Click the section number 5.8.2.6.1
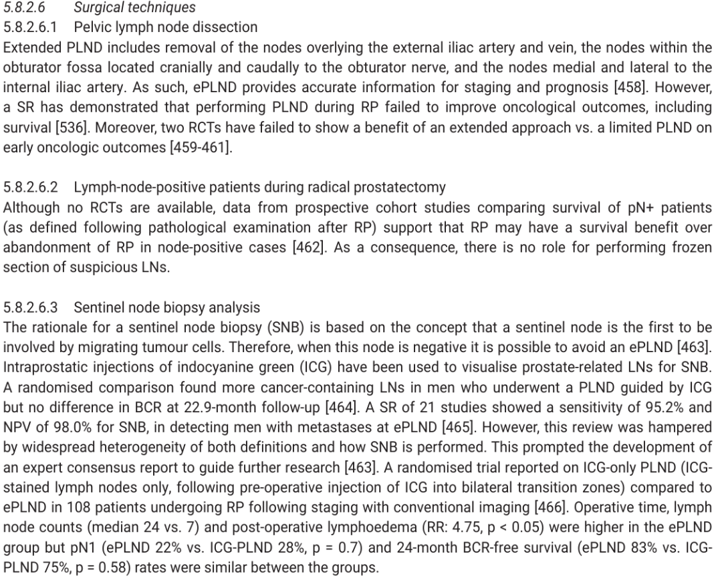pos(31,27)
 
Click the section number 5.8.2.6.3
pos(31,307)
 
